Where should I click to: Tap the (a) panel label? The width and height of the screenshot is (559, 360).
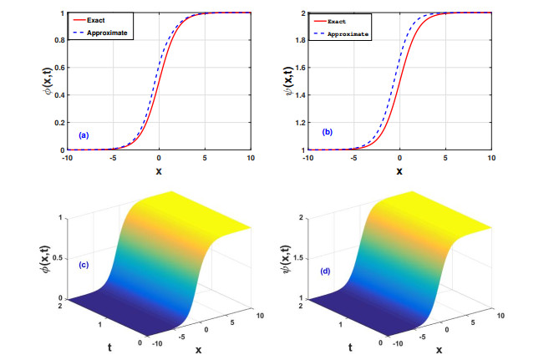(84, 134)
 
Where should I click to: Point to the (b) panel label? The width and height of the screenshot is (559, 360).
(326, 131)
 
